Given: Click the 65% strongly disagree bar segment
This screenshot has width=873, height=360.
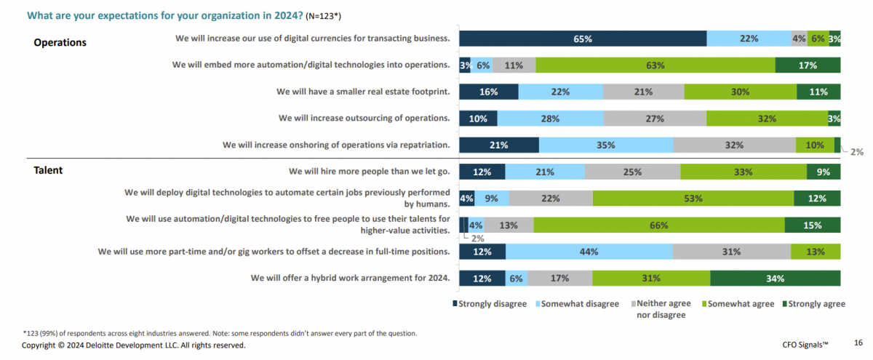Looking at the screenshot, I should (x=582, y=39).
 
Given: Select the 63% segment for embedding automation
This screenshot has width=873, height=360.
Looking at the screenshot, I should (x=655, y=65).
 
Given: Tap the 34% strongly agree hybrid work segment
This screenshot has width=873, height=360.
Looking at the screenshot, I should (x=775, y=278).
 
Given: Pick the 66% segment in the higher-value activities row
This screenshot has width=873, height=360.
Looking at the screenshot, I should (x=658, y=225).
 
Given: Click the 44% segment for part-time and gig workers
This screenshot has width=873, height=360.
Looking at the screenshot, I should (x=589, y=252).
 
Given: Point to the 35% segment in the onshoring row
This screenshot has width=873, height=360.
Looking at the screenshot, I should (x=605, y=145).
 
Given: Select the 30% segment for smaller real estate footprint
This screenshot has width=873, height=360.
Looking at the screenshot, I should (x=740, y=92).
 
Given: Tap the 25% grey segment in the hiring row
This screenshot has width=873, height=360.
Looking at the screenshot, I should (x=632, y=172).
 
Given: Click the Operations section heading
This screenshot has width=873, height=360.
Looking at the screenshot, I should (x=60, y=42).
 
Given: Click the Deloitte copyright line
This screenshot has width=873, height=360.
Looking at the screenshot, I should (x=134, y=345).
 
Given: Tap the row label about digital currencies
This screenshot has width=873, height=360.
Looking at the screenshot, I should (x=312, y=38).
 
